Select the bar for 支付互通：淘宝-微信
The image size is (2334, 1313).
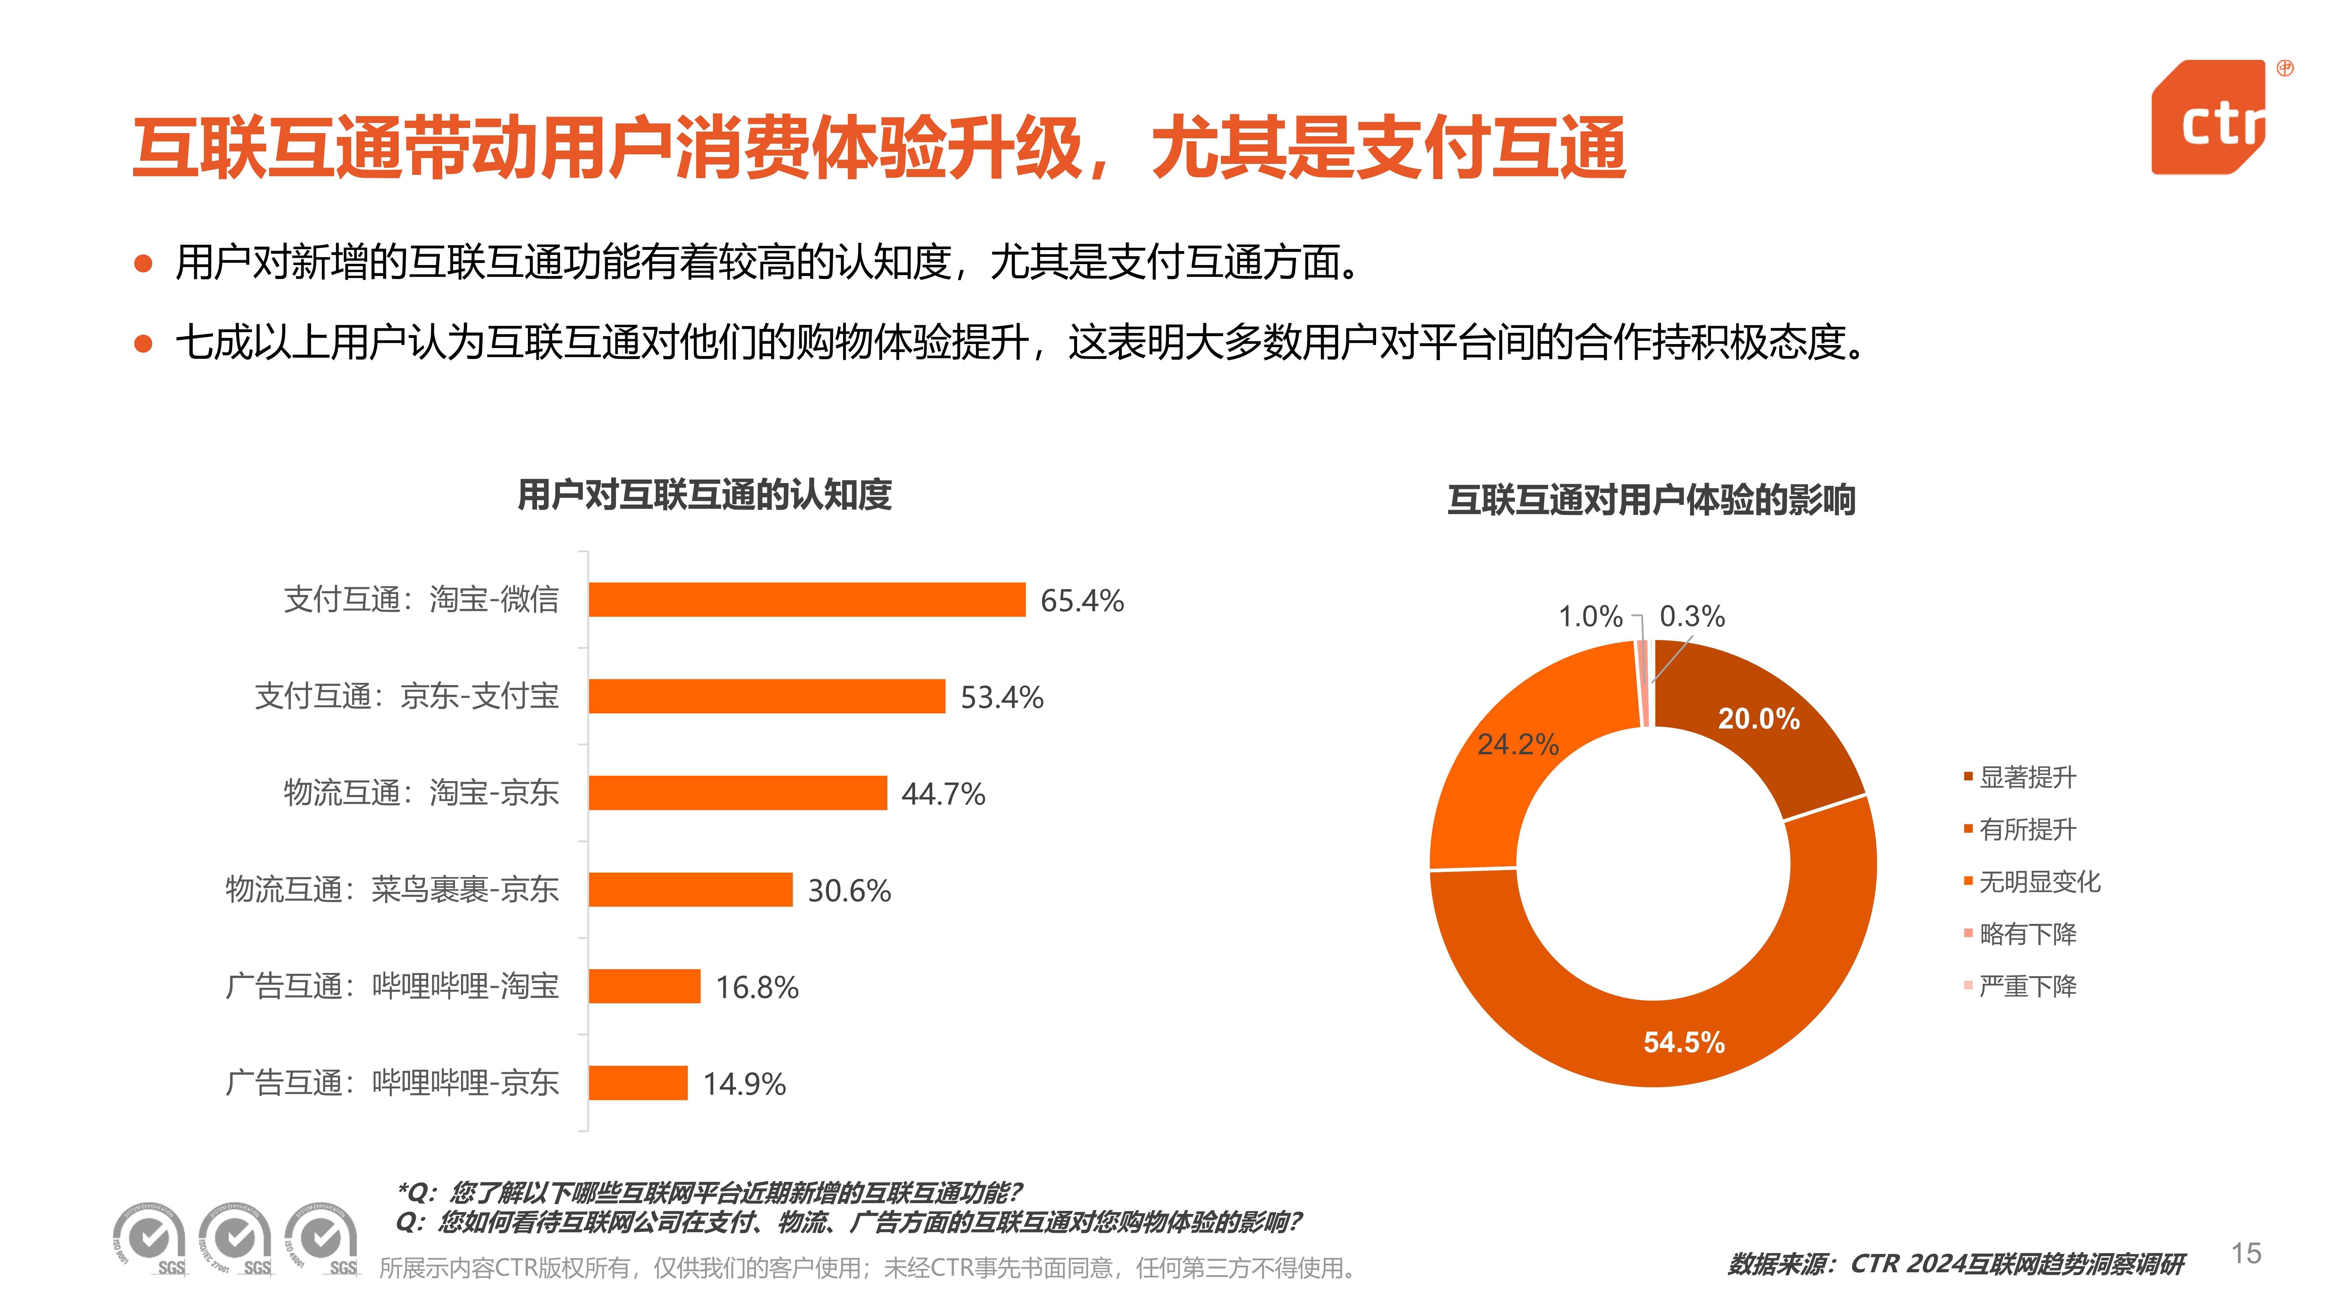[x=806, y=600]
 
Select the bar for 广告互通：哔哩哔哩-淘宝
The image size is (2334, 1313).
[x=644, y=986]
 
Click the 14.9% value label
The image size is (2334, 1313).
[x=744, y=1084]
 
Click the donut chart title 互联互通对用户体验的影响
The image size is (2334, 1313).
[x=1651, y=500]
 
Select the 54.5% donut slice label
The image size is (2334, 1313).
[x=1683, y=1042]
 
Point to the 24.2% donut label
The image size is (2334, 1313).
[x=1518, y=744]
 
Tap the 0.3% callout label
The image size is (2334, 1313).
[x=1692, y=616]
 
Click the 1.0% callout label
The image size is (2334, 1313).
[x=1590, y=616]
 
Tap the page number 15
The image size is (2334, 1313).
[x=2246, y=1254]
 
